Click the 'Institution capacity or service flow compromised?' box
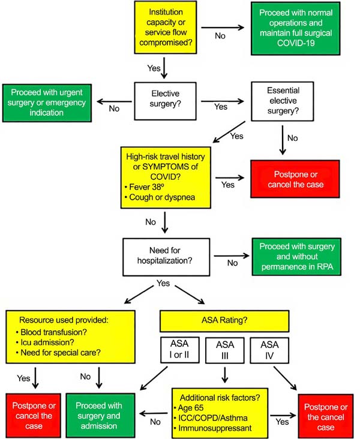(166, 27)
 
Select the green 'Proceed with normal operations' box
(296, 28)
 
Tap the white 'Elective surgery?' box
(165, 101)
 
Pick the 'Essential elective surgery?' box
(283, 101)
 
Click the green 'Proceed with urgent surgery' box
(47, 103)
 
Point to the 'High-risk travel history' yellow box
(166, 178)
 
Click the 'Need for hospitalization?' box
(166, 257)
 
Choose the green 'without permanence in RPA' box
(296, 257)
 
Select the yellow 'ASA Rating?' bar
(224, 321)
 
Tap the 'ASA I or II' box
(180, 350)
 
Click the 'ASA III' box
(224, 350)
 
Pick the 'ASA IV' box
(269, 350)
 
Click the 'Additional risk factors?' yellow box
(220, 413)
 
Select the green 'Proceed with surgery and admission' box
(100, 416)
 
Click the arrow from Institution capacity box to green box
(223, 28)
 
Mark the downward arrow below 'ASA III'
(224, 375)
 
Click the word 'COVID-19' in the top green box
(296, 43)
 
